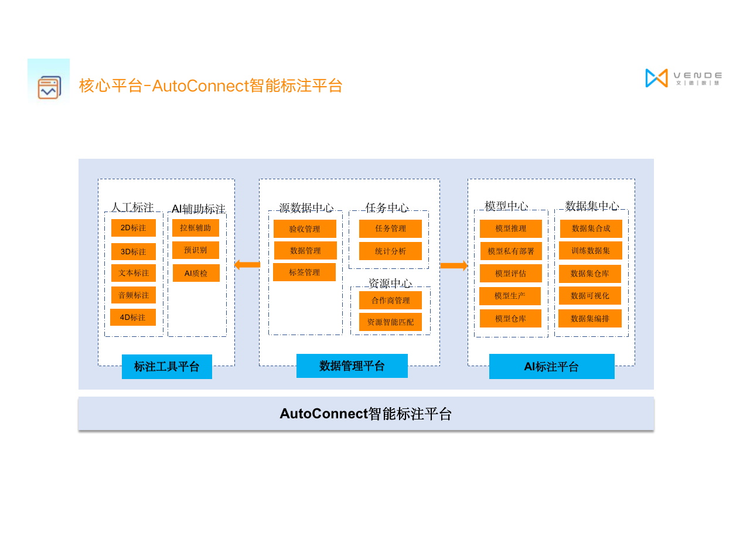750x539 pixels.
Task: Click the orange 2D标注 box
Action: [x=134, y=228]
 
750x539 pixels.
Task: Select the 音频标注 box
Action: [x=134, y=295]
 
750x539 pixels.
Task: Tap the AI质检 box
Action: [x=196, y=273]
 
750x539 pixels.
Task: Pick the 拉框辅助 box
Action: [x=196, y=228]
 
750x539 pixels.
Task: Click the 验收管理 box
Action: [x=305, y=228]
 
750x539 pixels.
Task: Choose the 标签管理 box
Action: [x=304, y=272]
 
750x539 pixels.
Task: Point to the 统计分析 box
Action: [x=390, y=251]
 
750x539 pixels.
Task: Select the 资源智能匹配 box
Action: [x=390, y=322]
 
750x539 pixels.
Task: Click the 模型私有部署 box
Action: [x=511, y=251]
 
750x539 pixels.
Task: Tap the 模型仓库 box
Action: [x=510, y=319]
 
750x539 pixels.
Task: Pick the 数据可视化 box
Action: [x=590, y=296]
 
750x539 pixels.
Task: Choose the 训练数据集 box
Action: [x=590, y=251]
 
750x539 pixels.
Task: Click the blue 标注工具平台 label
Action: [x=167, y=367]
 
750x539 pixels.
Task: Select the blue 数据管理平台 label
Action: [x=352, y=366]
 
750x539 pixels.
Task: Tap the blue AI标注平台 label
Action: [x=552, y=367]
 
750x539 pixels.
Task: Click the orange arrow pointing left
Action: [x=247, y=265]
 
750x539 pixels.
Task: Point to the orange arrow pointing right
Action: [x=454, y=265]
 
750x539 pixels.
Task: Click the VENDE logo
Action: [x=683, y=78]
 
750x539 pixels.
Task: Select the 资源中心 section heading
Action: [x=390, y=284]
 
